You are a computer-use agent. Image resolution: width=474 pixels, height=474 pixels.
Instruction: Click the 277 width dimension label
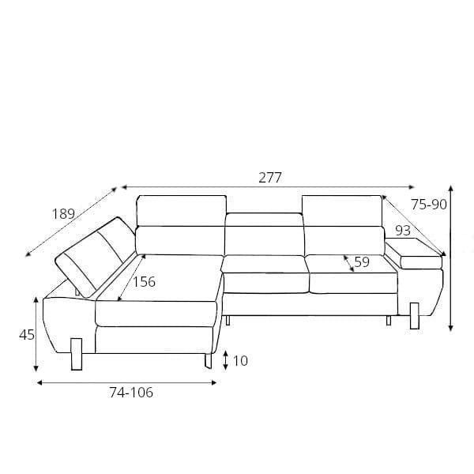coord(270,178)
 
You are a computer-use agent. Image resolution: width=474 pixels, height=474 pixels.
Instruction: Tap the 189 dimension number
coord(63,214)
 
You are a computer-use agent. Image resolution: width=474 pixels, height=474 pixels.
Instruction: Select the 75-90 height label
coord(429,205)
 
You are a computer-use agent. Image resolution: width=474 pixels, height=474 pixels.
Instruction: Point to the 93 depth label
coord(403,231)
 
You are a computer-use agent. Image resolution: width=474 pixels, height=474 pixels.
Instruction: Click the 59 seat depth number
coord(362,261)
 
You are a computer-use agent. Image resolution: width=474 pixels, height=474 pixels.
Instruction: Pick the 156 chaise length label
coord(145,282)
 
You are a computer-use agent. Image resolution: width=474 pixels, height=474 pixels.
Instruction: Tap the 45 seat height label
coord(27,335)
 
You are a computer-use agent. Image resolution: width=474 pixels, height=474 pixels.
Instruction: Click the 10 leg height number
coord(240,361)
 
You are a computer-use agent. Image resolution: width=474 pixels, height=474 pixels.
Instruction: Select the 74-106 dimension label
coord(131,393)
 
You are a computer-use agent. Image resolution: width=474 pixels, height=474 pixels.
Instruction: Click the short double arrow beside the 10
coord(225,360)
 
